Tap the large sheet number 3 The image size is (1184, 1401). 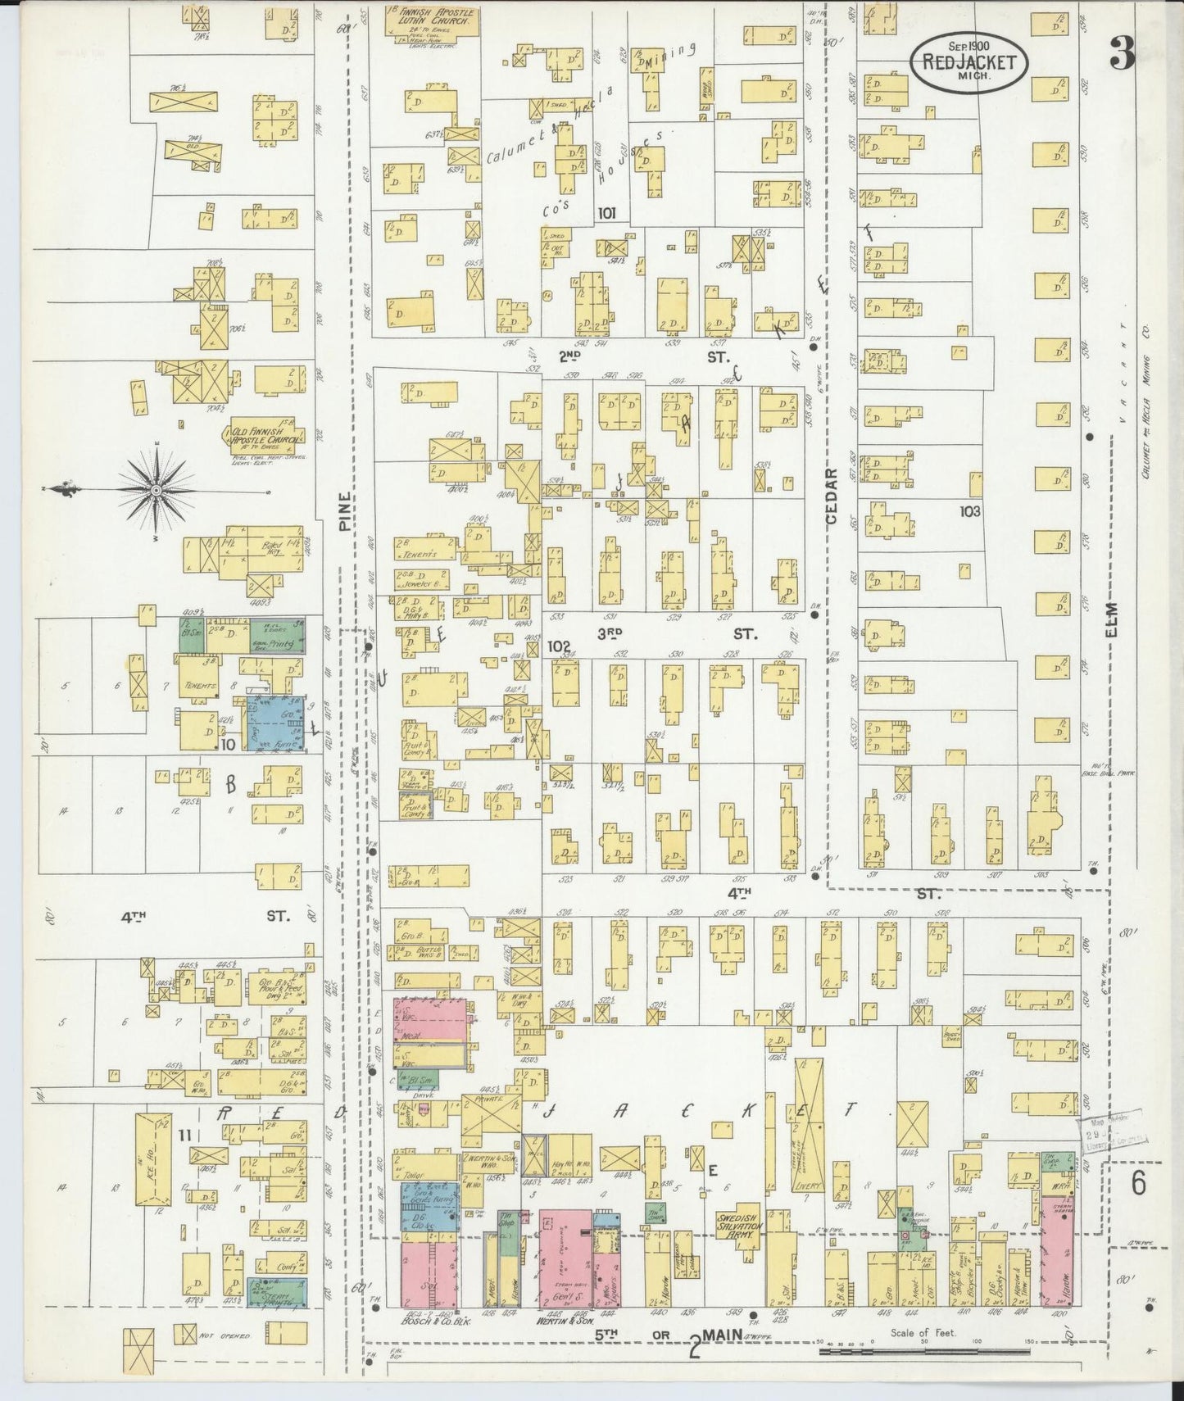1122,54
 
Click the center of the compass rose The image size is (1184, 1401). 155,490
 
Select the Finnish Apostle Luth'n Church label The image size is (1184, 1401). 431,17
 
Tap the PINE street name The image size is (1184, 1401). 345,512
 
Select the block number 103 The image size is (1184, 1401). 970,511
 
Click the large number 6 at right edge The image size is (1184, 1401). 1139,1183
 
